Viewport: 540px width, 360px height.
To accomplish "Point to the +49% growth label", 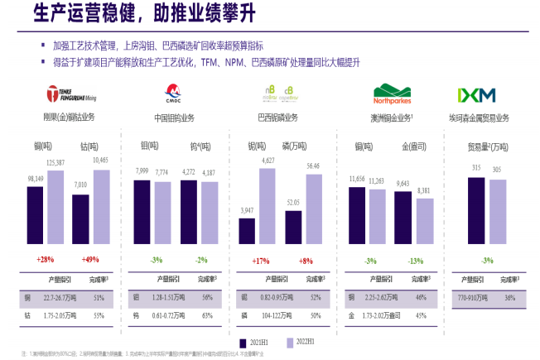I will [90, 259].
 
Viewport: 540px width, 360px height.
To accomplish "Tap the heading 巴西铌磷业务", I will [278, 117].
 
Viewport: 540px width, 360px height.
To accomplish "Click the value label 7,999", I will [142, 171].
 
